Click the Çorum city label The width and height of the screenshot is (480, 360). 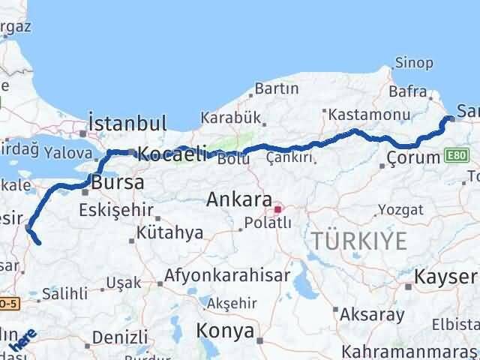(x=412, y=157)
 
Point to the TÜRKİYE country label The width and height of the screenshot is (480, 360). (x=360, y=241)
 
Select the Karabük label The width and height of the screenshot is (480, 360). (x=229, y=118)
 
